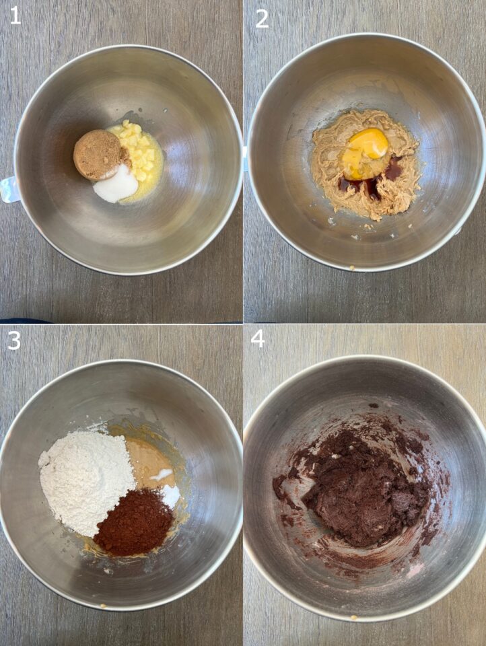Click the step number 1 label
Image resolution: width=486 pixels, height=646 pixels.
[15, 15]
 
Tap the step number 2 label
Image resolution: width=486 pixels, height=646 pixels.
[262, 17]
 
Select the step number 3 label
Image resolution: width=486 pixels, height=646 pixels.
[15, 340]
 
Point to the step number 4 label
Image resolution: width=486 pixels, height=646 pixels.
[258, 338]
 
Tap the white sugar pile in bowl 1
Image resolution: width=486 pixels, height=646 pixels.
[116, 184]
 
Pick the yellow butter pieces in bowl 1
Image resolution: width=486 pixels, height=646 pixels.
[142, 155]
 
